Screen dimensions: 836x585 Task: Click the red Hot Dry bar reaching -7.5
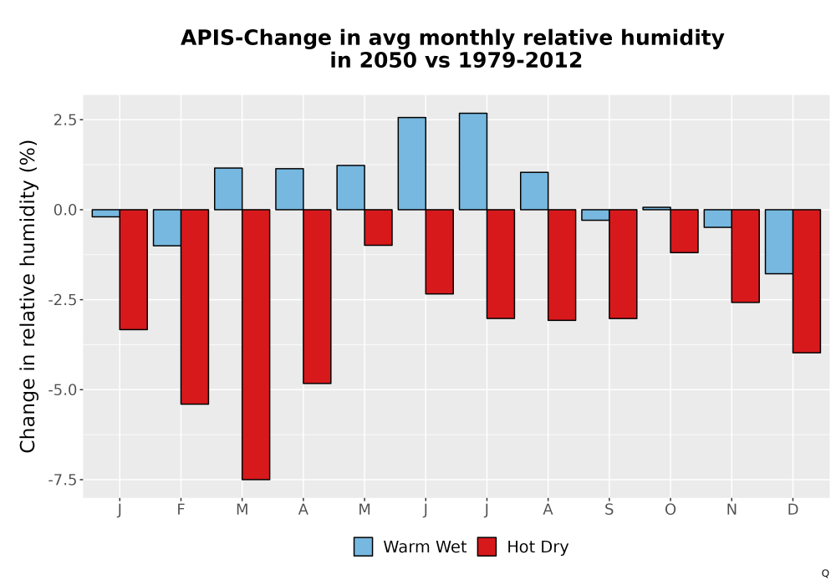(256, 344)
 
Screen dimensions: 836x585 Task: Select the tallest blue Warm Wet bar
(473, 161)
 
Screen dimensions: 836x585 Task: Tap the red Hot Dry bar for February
(195, 307)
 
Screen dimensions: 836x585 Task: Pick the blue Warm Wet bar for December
(779, 242)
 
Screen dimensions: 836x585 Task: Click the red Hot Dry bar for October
(684, 231)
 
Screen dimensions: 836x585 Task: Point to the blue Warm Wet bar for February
(167, 227)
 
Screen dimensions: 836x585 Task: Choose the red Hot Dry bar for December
(807, 281)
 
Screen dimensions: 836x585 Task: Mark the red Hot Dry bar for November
(746, 256)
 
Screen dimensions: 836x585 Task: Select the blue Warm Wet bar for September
(595, 215)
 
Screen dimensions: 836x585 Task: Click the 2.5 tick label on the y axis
(65, 120)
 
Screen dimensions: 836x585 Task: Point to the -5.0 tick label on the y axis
(63, 390)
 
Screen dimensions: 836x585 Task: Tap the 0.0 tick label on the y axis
(65, 210)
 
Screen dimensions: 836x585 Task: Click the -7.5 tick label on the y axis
(63, 480)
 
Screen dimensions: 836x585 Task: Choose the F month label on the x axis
(181, 510)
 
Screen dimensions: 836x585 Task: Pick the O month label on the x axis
(670, 510)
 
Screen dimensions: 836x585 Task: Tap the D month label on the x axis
(793, 510)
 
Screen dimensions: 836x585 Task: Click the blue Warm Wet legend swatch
(363, 547)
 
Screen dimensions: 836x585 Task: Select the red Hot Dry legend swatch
(487, 547)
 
